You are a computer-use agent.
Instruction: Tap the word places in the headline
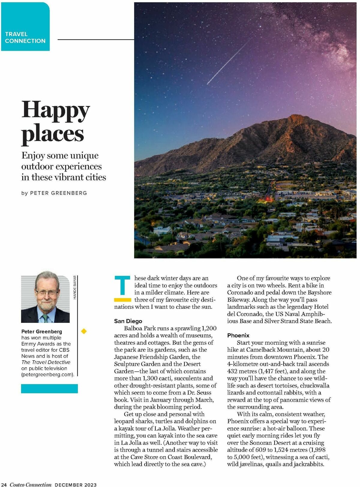(52, 134)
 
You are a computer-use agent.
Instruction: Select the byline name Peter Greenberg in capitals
(58, 193)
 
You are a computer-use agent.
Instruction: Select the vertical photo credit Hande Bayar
(75, 287)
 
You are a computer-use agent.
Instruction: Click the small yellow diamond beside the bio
(84, 331)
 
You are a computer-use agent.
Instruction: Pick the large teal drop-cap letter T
(122, 285)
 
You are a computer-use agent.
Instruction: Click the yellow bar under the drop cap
(122, 299)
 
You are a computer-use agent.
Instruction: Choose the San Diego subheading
(128, 321)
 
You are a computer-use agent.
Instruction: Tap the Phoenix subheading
(238, 335)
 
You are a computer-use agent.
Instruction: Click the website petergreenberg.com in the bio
(47, 374)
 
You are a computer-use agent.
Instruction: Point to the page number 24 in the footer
(4, 484)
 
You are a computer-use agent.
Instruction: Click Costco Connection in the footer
(31, 484)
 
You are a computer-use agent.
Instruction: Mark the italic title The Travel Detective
(46, 362)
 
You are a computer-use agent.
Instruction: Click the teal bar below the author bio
(49, 389)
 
